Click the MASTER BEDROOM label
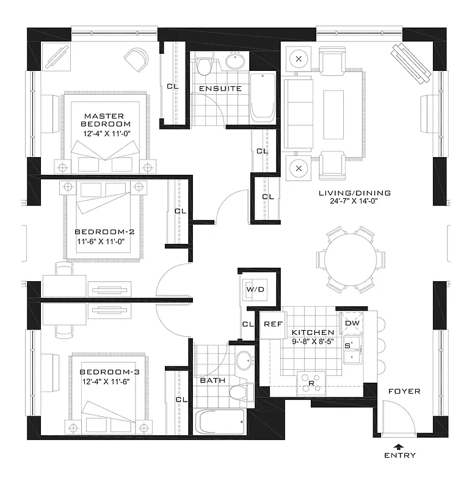[104, 116]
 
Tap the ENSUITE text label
[220, 89]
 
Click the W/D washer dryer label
[254, 289]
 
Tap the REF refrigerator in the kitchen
[272, 324]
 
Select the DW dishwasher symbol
[352, 323]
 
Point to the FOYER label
[404, 391]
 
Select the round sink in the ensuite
[234, 62]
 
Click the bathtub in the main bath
[220, 422]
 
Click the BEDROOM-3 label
[104, 372]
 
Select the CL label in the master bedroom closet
[173, 86]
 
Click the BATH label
[212, 380]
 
